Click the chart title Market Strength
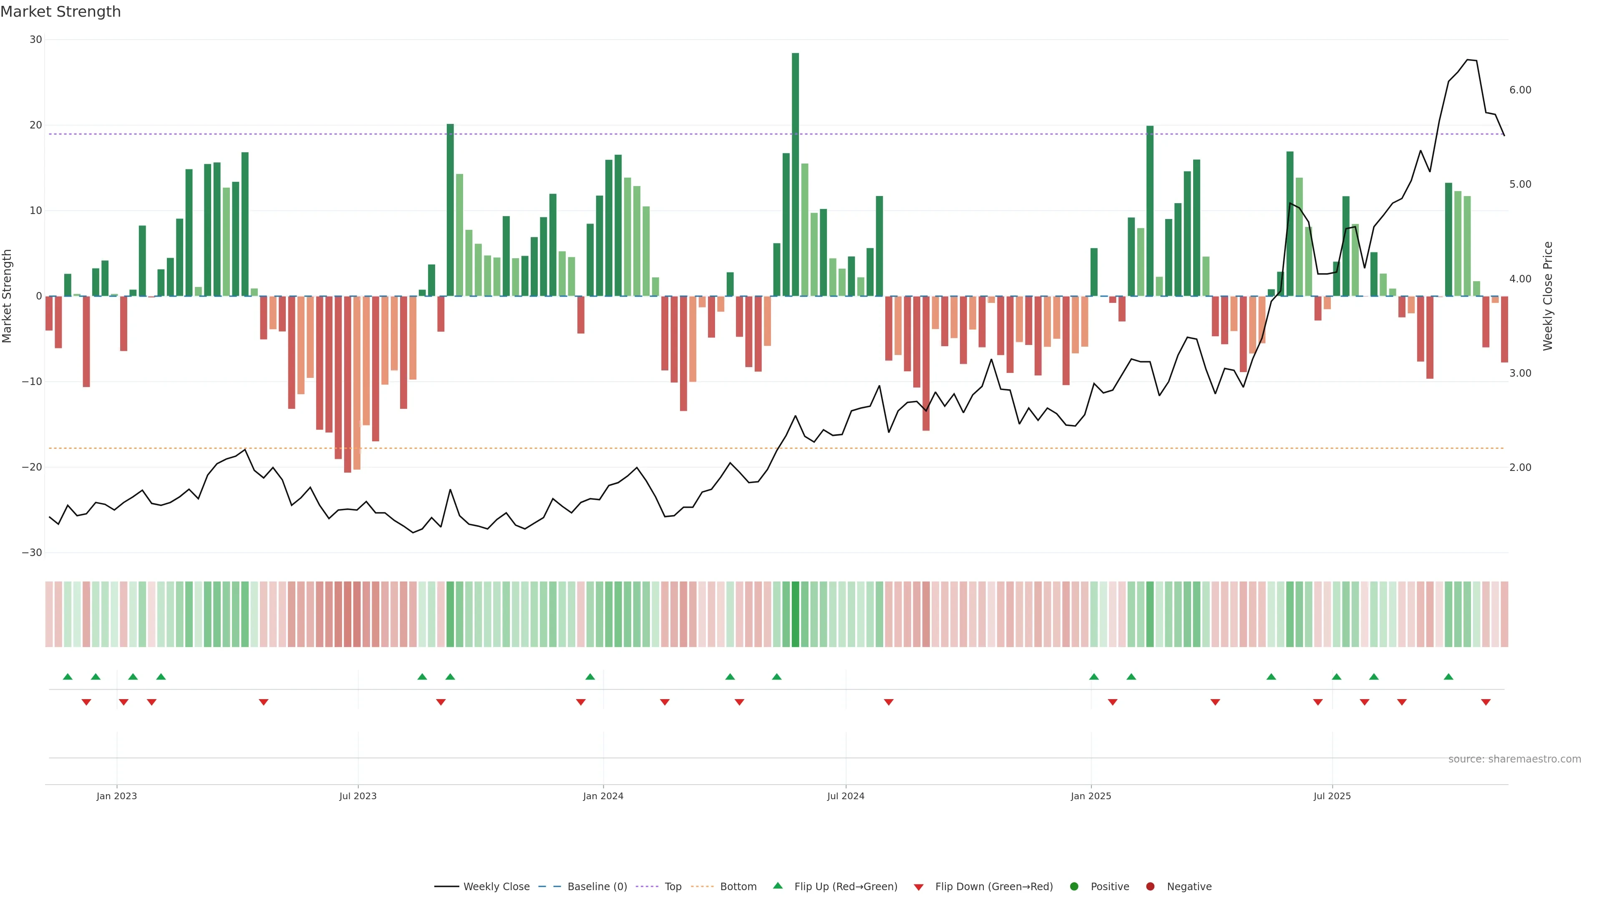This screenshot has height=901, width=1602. pos(60,12)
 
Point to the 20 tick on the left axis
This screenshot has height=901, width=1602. pos(36,125)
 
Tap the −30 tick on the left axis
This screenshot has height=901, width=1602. pos(32,553)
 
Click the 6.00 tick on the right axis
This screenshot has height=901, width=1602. pos(1520,90)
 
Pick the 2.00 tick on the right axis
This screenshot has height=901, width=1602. pos(1520,468)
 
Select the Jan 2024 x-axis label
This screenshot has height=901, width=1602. pos(602,796)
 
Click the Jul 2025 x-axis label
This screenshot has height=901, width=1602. pos(1332,796)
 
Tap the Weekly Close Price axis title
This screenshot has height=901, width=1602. pos(1548,296)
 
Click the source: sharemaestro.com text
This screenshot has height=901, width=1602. pos(1514,759)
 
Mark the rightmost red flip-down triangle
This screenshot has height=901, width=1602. pos(1486,702)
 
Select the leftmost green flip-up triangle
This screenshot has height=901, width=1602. pos(68,677)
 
